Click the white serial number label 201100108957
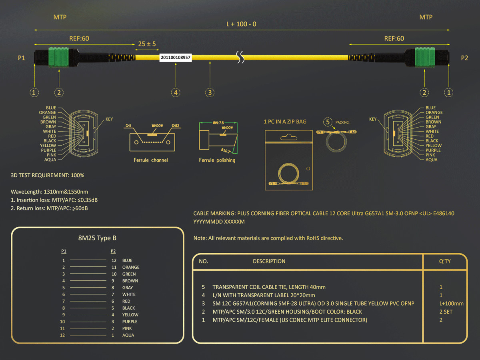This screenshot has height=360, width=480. [176, 58]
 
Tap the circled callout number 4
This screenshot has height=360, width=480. [176, 93]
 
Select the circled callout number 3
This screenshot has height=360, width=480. [210, 93]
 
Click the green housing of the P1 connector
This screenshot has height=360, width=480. [58, 57]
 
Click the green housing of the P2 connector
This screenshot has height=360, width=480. [425, 57]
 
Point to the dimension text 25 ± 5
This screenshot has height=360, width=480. [147, 44]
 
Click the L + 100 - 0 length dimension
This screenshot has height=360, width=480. [241, 24]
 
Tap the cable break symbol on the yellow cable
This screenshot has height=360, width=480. [240, 57]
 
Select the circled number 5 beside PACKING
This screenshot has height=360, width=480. [328, 122]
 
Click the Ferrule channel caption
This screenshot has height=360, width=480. [151, 160]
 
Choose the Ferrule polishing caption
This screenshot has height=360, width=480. [217, 160]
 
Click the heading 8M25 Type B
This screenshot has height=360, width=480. [97, 238]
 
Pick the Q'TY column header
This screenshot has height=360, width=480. [445, 261]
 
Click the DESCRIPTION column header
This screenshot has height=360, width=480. [269, 261]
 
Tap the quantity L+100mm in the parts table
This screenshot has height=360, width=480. [451, 304]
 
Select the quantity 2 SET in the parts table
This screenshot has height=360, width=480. [446, 312]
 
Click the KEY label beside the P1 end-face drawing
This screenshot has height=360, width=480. [109, 119]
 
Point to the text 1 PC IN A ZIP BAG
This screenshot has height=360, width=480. [285, 122]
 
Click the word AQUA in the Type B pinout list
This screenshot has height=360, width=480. [128, 335]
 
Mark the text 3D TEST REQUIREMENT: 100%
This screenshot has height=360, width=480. [48, 175]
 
